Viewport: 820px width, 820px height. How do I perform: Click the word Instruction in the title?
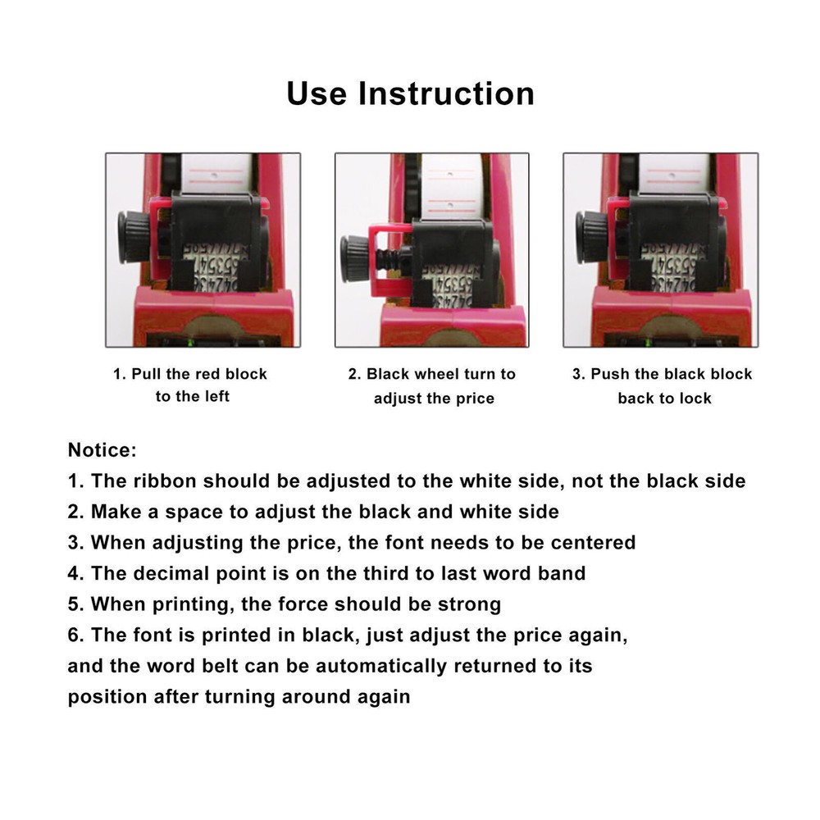click(x=447, y=93)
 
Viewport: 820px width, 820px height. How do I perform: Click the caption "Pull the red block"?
click(x=190, y=374)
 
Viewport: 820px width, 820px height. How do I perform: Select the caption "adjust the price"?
click(x=434, y=399)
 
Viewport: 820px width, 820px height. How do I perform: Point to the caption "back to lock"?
click(x=664, y=399)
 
